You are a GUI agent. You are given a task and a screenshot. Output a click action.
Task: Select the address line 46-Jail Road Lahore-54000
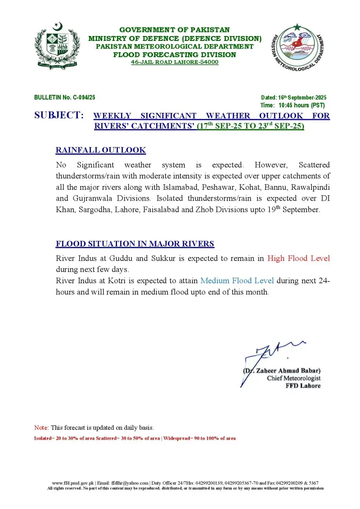[x=175, y=62]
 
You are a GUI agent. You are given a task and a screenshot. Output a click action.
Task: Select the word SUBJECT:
[x=59, y=116]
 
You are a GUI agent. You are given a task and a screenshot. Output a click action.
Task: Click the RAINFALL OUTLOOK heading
[x=100, y=150]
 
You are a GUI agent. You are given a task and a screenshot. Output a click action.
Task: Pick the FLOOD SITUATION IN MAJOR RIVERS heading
[x=135, y=244]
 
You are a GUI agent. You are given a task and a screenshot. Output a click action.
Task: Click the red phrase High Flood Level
[x=298, y=258]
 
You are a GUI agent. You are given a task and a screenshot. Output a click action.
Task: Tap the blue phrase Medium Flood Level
[x=237, y=281]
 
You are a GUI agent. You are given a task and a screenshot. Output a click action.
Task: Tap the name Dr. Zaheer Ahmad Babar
[x=282, y=371]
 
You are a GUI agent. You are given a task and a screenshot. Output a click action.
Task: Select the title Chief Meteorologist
[x=293, y=378]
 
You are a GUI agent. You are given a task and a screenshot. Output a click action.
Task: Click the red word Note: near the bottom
[x=41, y=428]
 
